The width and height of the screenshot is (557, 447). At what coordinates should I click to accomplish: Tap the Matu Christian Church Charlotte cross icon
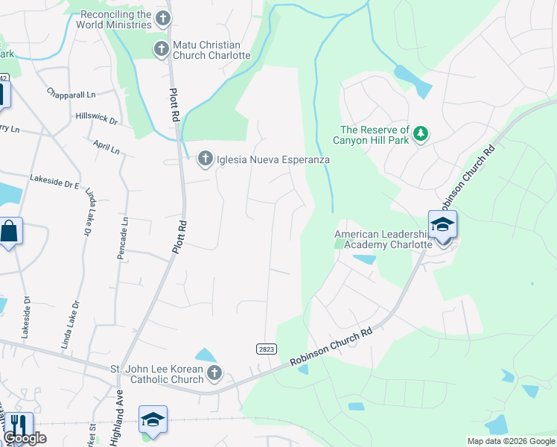click(x=161, y=50)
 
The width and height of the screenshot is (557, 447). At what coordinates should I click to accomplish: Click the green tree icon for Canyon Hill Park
click(x=421, y=134)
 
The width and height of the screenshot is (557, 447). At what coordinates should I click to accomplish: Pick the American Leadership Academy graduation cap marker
click(x=442, y=225)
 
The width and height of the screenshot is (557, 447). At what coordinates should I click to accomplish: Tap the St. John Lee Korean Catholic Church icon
click(x=214, y=372)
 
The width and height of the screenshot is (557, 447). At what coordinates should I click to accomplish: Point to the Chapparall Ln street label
click(x=71, y=95)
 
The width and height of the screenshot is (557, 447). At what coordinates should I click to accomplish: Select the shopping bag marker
click(x=10, y=231)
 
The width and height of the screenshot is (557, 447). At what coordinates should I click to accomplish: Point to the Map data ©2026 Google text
click(x=510, y=441)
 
